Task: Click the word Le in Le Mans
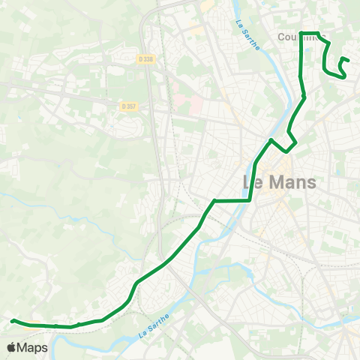click(255, 182)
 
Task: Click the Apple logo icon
click(11, 347)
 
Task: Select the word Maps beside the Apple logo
click(33, 347)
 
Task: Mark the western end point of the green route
click(13, 321)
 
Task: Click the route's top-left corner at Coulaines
click(301, 33)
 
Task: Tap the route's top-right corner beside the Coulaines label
click(319, 33)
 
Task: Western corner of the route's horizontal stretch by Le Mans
click(215, 200)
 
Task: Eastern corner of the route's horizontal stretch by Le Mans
click(250, 200)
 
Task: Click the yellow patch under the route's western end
click(30, 326)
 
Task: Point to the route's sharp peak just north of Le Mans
click(271, 140)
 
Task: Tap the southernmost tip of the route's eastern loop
click(342, 76)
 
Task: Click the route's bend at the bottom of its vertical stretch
click(304, 97)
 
